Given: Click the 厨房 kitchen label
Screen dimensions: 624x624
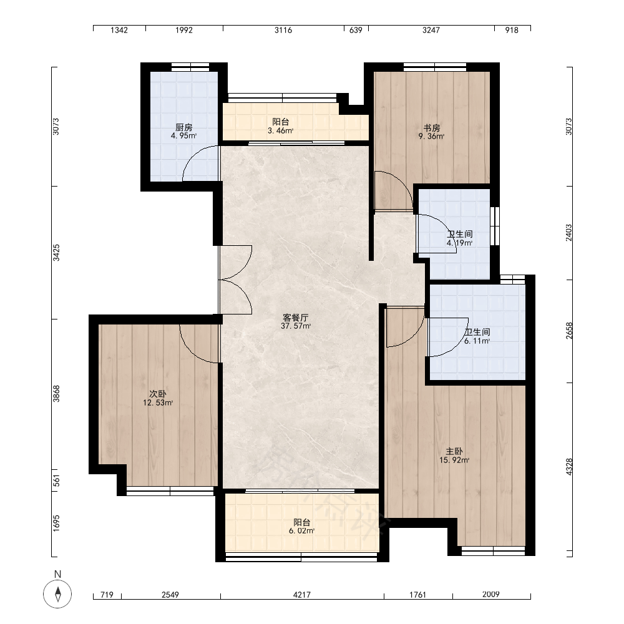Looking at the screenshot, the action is coord(184,127).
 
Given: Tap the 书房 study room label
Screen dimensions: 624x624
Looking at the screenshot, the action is coord(431,128).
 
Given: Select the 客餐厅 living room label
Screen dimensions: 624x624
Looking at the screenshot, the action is coord(295,318).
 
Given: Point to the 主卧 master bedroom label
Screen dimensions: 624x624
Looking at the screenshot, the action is coord(454,451).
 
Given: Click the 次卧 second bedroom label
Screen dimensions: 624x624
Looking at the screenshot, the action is coord(158,394).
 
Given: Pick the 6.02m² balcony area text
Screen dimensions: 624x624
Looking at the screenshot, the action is coord(301,531).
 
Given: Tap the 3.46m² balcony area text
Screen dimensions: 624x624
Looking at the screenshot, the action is coord(281,130).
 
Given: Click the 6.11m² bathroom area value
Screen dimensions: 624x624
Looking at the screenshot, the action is coord(477,341).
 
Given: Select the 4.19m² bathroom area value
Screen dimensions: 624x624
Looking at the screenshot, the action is coord(460,243).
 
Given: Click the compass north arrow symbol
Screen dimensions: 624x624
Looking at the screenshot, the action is coord(57,594).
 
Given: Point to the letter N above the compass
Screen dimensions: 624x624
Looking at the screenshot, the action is coord(57,574).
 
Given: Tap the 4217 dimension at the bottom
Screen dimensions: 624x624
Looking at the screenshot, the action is coord(301,595).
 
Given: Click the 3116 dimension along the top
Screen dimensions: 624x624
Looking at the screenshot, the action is coord(283,30).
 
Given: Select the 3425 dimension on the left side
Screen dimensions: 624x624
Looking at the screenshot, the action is coord(57,253).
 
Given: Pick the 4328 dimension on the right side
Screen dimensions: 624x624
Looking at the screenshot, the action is coord(569,467).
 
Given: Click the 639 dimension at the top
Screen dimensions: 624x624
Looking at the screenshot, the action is coord(356,30).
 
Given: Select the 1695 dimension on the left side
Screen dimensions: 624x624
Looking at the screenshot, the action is coord(57,523).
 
